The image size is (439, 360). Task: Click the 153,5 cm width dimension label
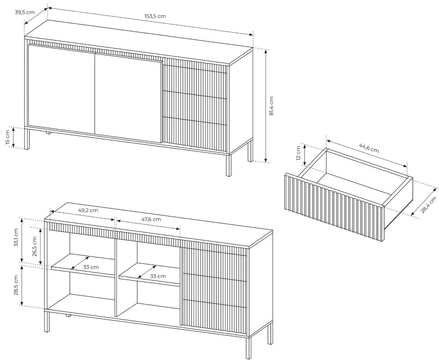(x=155, y=16)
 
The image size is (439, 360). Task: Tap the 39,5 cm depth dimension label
(x=25, y=12)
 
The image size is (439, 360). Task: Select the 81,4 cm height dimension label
(x=272, y=106)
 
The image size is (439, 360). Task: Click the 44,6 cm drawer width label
(x=369, y=148)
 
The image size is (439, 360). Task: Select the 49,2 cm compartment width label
(x=88, y=210)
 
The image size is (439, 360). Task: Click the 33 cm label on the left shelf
(x=91, y=267)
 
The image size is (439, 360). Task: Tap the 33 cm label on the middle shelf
(x=158, y=276)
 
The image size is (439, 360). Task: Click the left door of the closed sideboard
(x=62, y=90)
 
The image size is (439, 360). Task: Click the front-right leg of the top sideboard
(x=229, y=165)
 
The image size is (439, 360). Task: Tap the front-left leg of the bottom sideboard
(x=47, y=322)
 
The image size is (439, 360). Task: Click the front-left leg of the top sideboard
(x=27, y=139)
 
